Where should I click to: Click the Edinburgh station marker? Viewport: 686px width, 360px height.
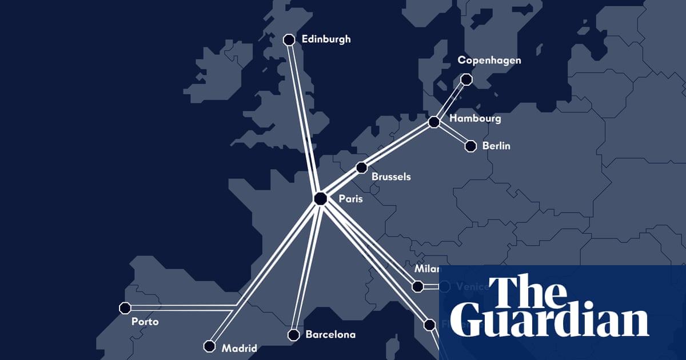[x=289, y=39]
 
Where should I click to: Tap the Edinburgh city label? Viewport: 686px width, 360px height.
[x=326, y=39]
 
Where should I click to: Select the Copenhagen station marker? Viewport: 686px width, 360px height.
[x=466, y=79]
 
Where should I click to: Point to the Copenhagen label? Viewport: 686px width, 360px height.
[x=489, y=60]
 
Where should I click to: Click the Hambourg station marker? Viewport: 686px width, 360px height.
[x=434, y=122]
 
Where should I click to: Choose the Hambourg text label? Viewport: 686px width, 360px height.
[x=475, y=119]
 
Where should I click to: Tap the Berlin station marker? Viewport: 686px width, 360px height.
[x=470, y=146]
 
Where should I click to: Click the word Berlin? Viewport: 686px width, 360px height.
[x=496, y=146]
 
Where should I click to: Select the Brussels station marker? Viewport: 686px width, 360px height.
[x=361, y=167]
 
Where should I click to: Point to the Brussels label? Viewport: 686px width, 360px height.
[x=391, y=177]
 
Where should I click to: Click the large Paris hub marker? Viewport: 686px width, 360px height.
[x=320, y=198]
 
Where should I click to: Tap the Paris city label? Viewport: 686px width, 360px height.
[x=350, y=199]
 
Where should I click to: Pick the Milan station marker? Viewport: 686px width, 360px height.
[x=417, y=286]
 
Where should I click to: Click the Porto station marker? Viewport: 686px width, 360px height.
[x=125, y=308]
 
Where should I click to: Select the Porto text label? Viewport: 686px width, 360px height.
[x=145, y=322]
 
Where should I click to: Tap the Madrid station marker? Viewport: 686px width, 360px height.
[x=209, y=346]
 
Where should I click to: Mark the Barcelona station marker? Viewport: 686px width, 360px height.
[x=293, y=334]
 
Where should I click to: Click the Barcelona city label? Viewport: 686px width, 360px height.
[x=330, y=334]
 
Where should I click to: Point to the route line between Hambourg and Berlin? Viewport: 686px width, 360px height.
[x=453, y=135]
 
